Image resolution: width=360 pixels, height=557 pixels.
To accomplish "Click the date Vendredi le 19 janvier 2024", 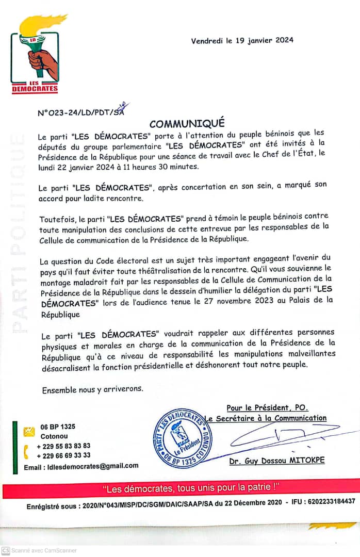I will click(242, 41).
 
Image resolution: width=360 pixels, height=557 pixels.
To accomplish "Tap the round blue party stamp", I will click(183, 437).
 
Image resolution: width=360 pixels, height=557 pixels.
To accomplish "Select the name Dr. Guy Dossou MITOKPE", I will click(277, 461).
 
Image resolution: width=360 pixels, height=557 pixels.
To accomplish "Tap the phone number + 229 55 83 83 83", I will click(63, 446).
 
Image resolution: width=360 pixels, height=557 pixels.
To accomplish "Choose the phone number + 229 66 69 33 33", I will click(63, 455).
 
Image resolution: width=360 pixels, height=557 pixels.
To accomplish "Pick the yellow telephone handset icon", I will click(27, 451).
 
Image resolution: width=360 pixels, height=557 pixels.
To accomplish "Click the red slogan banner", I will click(180, 487).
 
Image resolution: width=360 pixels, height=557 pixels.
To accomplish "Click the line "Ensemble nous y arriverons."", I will click(92, 390).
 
